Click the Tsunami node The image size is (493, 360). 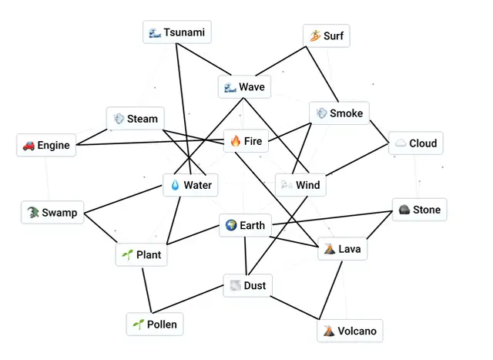click(177, 32)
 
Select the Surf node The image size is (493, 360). click(326, 35)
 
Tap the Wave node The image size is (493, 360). click(244, 87)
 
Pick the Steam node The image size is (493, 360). click(136, 119)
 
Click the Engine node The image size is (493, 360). click(46, 145)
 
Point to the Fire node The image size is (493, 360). click(246, 141)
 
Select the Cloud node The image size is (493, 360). click(416, 143)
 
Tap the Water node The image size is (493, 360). click(190, 185)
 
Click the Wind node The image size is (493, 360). click(300, 185)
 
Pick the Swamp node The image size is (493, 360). click(52, 213)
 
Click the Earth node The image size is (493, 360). click(245, 225)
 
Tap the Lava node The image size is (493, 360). click(340, 250)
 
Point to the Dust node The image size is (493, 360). click(247, 285)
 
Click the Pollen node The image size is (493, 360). click(155, 324)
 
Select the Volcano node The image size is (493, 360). click(350, 331)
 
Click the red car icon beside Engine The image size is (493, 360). click(29, 145)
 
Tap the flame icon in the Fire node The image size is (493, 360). click(236, 141)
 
